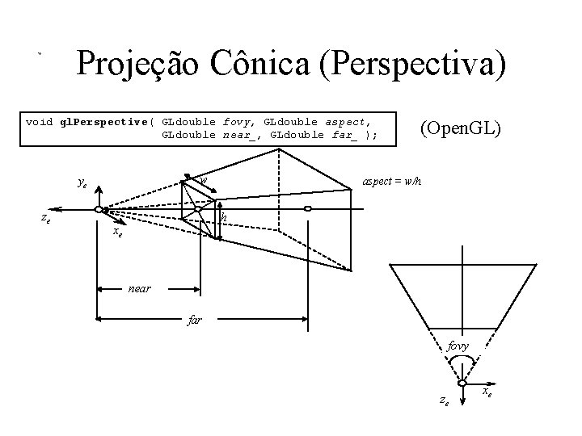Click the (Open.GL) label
[460, 128]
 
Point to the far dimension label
[194, 321]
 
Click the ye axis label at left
[82, 183]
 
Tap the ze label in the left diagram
[47, 218]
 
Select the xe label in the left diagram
[117, 232]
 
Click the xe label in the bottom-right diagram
[488, 392]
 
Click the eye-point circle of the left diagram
[98, 210]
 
